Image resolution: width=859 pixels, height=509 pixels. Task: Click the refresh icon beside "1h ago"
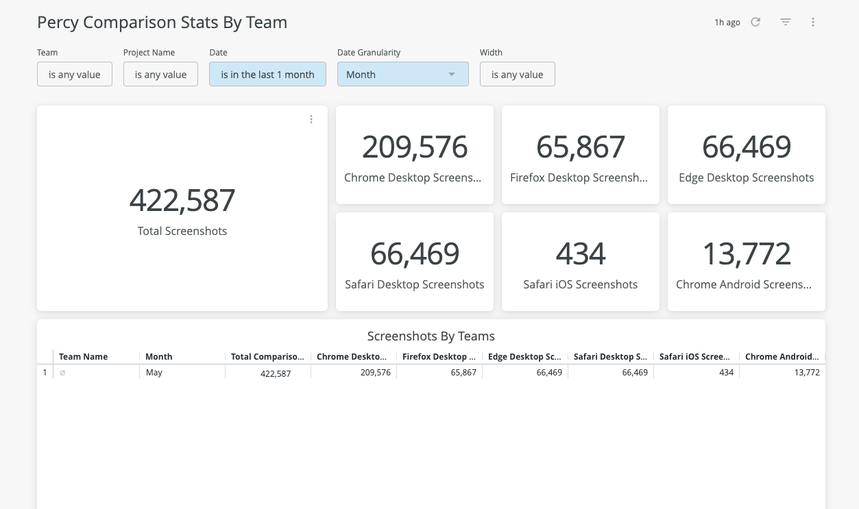coord(755,22)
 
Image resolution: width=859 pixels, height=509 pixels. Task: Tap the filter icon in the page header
coord(786,22)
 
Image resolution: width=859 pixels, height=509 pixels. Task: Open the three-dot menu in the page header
coord(813,22)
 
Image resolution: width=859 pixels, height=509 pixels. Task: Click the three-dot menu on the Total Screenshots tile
coord(311,119)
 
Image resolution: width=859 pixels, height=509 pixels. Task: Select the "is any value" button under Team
coord(75,75)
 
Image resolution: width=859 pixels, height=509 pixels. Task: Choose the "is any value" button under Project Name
coord(160,75)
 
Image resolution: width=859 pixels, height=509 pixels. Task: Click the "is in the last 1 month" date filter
coord(267,75)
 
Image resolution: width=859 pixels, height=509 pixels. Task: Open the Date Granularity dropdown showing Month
coord(402,75)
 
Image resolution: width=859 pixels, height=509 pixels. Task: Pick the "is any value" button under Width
coord(517,75)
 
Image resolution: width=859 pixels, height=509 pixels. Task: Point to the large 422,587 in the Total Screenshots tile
coord(182,200)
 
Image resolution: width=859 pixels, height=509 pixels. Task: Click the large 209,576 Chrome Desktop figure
coord(415,147)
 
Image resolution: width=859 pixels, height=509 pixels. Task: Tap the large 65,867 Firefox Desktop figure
coord(581,147)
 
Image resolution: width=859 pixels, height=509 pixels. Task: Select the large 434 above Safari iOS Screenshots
coord(581,254)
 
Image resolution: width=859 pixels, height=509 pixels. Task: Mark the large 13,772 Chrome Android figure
coord(747,254)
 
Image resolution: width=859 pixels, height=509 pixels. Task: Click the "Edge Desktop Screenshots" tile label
coord(747,177)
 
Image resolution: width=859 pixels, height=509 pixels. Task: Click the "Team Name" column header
coord(84,356)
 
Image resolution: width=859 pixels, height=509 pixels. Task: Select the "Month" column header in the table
coord(159,356)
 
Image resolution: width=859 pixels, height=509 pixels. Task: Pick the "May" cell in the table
coord(154,373)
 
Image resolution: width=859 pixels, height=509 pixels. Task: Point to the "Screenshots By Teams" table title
coord(431,336)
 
